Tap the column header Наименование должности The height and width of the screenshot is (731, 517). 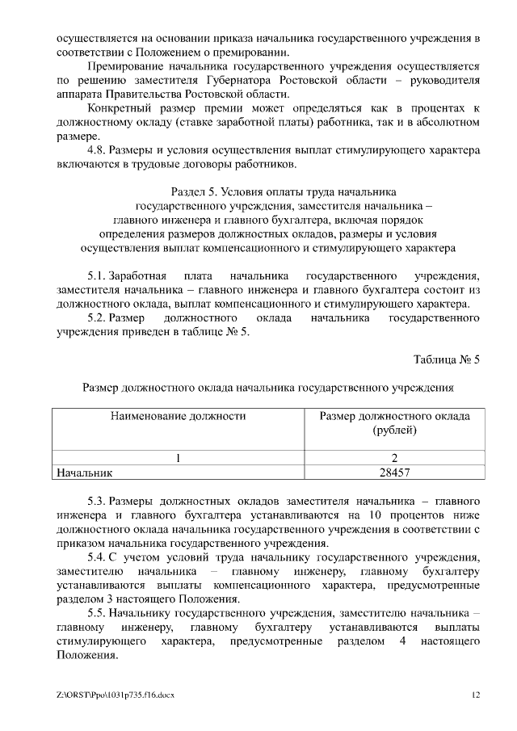(x=178, y=417)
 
